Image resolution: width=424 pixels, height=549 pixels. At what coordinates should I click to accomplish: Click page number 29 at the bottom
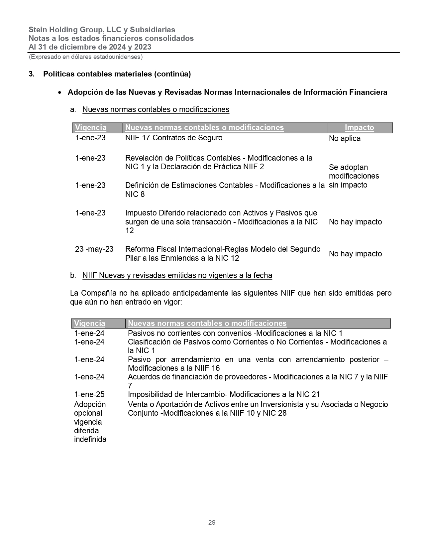point(212,522)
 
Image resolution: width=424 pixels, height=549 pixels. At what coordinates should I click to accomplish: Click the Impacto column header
point(359,128)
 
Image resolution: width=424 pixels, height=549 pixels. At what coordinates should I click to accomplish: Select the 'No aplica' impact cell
point(345,139)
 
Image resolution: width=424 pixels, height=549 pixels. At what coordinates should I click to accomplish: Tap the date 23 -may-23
point(94,249)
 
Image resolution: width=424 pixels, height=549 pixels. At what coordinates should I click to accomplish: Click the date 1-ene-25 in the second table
point(89,394)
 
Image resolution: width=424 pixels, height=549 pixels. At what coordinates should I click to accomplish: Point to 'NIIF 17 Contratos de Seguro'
point(174,138)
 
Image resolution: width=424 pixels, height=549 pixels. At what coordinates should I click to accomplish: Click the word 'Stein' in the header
point(37,30)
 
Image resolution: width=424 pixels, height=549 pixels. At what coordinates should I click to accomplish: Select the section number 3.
point(32,74)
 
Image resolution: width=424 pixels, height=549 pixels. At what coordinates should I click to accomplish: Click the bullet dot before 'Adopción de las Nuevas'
point(60,92)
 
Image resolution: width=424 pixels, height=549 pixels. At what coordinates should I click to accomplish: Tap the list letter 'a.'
point(73,109)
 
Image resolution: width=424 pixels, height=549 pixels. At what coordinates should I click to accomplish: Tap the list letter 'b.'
point(73,275)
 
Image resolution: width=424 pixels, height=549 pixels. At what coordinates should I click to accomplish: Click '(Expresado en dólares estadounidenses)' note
point(86,57)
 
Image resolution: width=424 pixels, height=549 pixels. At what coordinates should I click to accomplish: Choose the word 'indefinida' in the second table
point(90,439)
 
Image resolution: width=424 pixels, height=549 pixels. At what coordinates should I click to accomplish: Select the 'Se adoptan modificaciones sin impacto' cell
point(354,176)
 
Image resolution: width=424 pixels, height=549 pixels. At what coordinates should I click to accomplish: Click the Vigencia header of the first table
point(91,128)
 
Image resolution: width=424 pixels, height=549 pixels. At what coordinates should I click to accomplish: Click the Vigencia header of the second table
point(90,323)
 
